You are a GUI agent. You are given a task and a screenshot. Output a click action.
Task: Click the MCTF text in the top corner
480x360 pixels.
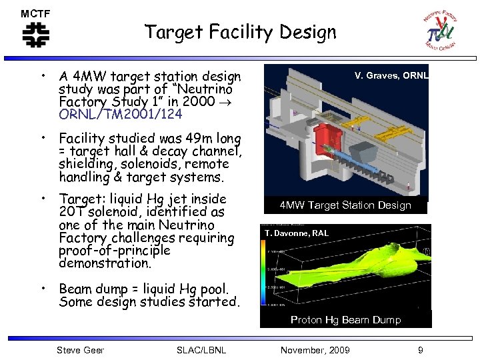click(35, 13)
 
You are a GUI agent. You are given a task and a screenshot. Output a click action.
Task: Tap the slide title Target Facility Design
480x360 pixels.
click(240, 31)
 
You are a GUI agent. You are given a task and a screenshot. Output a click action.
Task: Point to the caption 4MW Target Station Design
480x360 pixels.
click(345, 205)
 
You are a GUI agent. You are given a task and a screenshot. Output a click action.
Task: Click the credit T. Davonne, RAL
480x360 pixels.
click(296, 233)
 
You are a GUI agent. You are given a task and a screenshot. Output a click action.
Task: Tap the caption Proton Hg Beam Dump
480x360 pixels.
click(345, 320)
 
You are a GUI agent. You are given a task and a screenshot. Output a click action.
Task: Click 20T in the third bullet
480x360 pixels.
click(71, 212)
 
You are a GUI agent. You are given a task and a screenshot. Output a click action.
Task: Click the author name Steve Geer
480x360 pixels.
click(80, 350)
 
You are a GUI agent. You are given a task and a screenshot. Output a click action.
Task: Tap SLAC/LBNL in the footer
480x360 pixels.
click(201, 350)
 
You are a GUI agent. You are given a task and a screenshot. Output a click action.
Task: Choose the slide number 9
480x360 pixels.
click(420, 350)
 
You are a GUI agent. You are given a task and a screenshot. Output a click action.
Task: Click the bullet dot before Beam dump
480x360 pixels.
click(42, 288)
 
